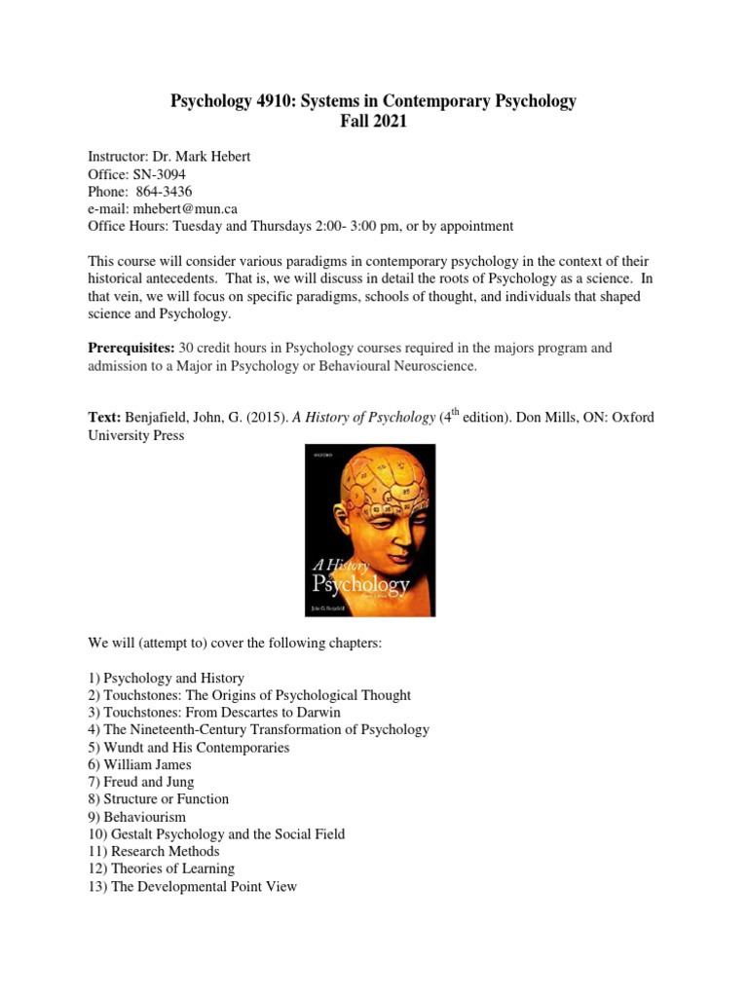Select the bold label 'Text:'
[x=104, y=417]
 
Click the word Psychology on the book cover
[x=359, y=585]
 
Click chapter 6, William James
[x=152, y=765]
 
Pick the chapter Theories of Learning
[x=165, y=868]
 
